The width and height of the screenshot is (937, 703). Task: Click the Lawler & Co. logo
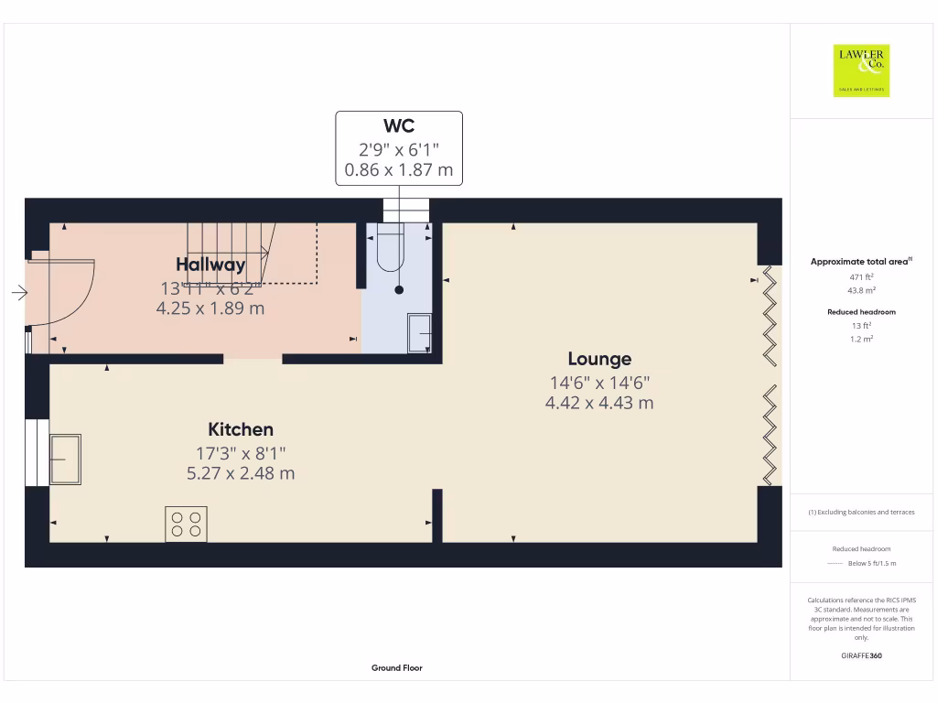coord(861,70)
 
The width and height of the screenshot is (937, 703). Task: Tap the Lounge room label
coord(599,359)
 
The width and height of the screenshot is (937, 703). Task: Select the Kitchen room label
coord(241,429)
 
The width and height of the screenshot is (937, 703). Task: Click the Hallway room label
coord(211,265)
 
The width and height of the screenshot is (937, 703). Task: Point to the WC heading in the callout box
coord(399,126)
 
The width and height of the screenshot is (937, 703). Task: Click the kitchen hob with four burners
coord(186,524)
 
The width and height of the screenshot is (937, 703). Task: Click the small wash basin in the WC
coord(421,333)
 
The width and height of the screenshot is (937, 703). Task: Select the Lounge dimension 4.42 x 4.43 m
coord(599,403)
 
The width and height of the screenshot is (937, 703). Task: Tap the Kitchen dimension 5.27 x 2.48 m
coord(241,473)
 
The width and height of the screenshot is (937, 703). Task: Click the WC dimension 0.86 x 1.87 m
coord(399,169)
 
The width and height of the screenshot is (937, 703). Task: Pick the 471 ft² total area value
coord(861,276)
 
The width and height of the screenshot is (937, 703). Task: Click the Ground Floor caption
coord(397,668)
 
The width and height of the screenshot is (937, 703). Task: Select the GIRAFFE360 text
coord(861,655)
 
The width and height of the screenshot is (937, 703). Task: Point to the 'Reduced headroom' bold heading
coord(861,312)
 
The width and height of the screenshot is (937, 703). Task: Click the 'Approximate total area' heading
coord(859,262)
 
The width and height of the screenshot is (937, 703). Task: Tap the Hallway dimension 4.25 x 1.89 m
coord(210,308)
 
